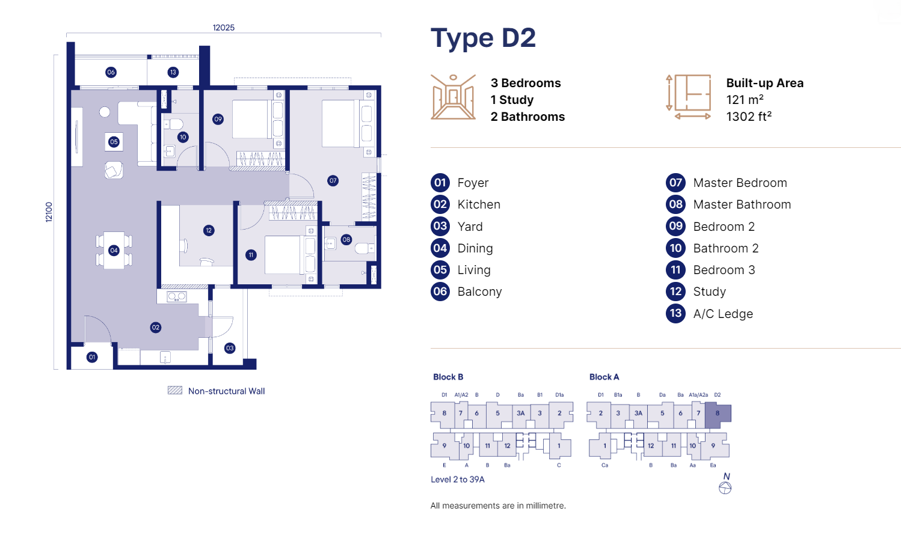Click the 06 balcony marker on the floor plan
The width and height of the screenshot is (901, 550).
click(x=111, y=72)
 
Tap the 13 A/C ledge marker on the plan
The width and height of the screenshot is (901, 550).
click(x=173, y=72)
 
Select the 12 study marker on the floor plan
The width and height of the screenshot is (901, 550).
click(x=208, y=230)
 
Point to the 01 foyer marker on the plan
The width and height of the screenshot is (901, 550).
click(x=92, y=357)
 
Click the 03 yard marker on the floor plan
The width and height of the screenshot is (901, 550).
click(x=230, y=348)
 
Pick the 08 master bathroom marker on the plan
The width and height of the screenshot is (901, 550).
click(x=346, y=240)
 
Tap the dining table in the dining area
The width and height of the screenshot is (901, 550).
click(x=114, y=250)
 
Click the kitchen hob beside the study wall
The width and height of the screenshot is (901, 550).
click(x=177, y=297)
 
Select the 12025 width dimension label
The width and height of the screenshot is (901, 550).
click(x=224, y=28)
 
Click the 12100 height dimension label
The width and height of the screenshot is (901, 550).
click(x=49, y=212)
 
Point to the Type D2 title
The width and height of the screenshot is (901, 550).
click(x=483, y=38)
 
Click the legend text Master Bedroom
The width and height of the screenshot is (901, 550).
click(x=740, y=183)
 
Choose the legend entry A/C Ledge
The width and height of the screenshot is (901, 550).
click(x=723, y=314)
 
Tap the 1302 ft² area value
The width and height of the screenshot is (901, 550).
click(x=749, y=117)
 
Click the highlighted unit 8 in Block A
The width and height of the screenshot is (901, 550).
click(x=718, y=414)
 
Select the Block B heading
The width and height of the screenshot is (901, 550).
click(x=448, y=377)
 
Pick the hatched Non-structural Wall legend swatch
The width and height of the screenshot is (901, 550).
click(x=175, y=390)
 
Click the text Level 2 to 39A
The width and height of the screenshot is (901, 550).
click(x=457, y=480)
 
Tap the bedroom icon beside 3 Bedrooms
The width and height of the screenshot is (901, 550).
click(x=454, y=97)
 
